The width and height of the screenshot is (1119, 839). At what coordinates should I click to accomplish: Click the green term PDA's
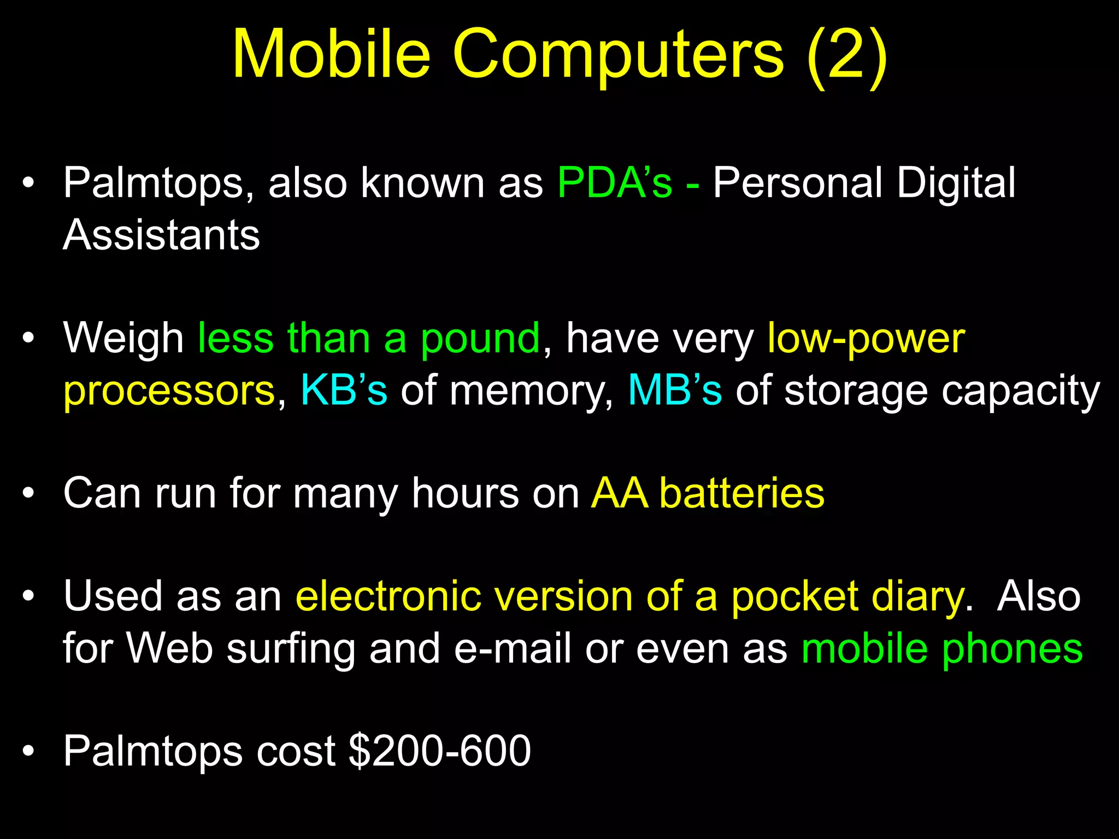[615, 182]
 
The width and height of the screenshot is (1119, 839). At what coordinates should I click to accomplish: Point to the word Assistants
[161, 235]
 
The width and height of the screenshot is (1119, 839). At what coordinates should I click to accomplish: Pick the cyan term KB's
[344, 390]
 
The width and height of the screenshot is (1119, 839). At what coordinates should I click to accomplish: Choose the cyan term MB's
[675, 390]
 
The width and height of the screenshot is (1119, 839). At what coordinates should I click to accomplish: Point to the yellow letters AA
[620, 493]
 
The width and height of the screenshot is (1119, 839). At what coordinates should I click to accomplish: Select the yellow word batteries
[741, 493]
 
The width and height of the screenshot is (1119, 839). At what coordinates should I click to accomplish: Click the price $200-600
[439, 751]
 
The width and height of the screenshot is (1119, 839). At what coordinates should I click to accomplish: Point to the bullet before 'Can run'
[28, 494]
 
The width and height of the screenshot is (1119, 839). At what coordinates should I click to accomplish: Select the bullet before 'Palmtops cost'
[28, 752]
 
